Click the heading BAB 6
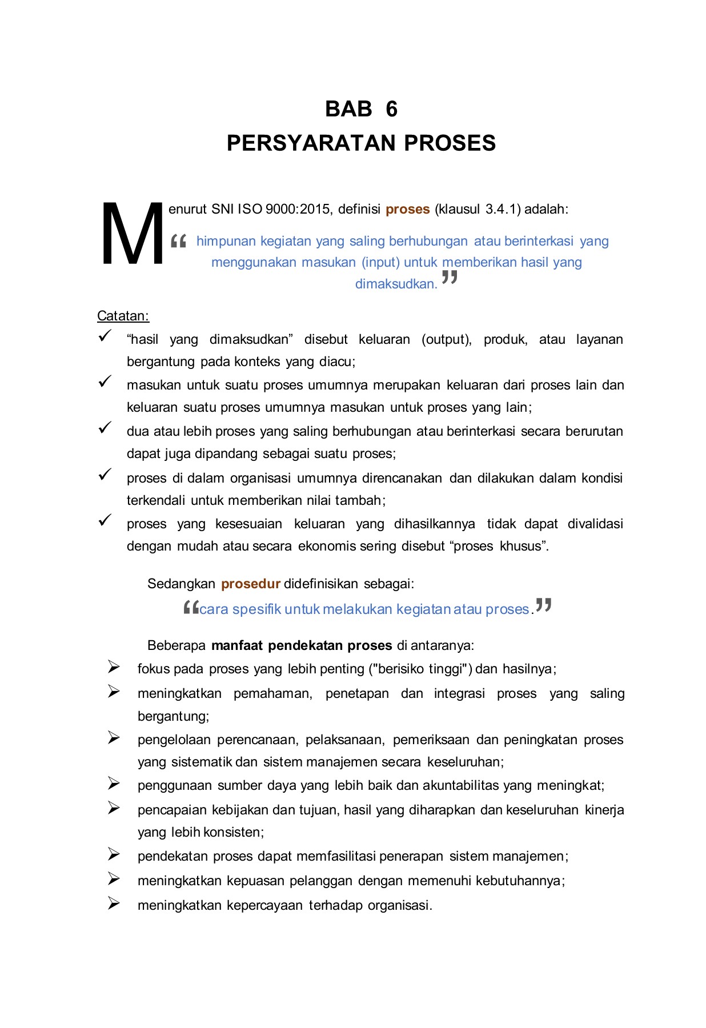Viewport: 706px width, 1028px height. [x=361, y=109]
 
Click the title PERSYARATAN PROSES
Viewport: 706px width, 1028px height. [x=361, y=143]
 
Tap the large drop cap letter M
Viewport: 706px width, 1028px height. [x=131, y=234]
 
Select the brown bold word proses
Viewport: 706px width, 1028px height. [x=407, y=209]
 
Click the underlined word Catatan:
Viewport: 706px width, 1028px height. [x=123, y=316]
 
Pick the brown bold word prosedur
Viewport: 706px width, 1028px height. [x=250, y=584]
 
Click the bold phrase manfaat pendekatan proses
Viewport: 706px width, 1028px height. [x=302, y=645]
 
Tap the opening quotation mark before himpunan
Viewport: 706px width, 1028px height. [x=178, y=242]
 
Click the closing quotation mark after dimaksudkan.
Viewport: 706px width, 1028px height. [x=450, y=278]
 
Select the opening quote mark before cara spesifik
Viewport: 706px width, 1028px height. [x=191, y=608]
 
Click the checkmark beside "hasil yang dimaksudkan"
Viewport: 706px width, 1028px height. [x=105, y=336]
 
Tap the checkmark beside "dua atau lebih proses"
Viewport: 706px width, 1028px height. [x=105, y=428]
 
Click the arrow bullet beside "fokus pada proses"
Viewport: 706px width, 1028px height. [x=114, y=667]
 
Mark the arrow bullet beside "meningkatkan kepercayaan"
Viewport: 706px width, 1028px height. [x=114, y=903]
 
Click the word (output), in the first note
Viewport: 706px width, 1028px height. [x=446, y=339]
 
